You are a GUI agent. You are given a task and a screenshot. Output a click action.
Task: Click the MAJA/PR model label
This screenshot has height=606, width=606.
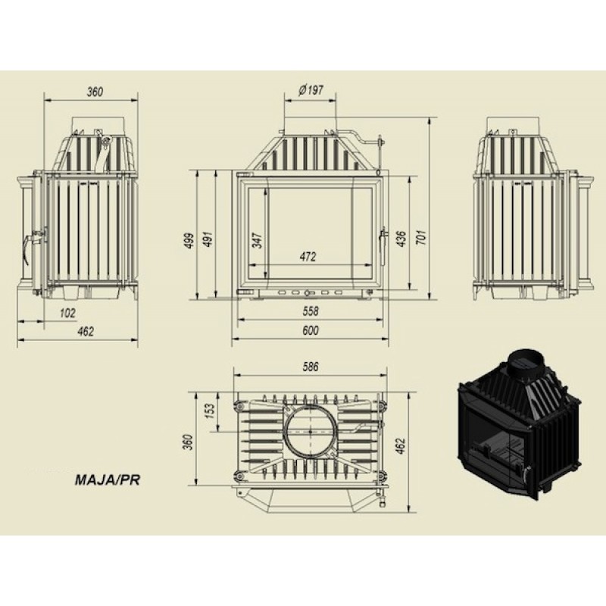(107, 480)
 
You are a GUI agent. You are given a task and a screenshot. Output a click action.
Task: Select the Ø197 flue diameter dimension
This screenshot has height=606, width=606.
(311, 90)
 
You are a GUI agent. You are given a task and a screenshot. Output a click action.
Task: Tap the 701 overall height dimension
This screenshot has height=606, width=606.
(422, 237)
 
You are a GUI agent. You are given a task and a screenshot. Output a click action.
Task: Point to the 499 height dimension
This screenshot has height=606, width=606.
(189, 240)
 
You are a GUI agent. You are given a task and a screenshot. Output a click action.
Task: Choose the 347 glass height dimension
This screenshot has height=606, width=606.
(258, 240)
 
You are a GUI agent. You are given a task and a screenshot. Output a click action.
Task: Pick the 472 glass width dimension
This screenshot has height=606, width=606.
(308, 257)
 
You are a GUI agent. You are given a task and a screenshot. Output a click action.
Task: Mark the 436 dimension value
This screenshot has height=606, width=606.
(401, 239)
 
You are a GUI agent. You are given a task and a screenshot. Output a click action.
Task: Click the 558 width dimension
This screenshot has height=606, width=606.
(311, 311)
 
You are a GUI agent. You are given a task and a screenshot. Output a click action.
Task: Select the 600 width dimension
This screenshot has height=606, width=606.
(311, 330)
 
